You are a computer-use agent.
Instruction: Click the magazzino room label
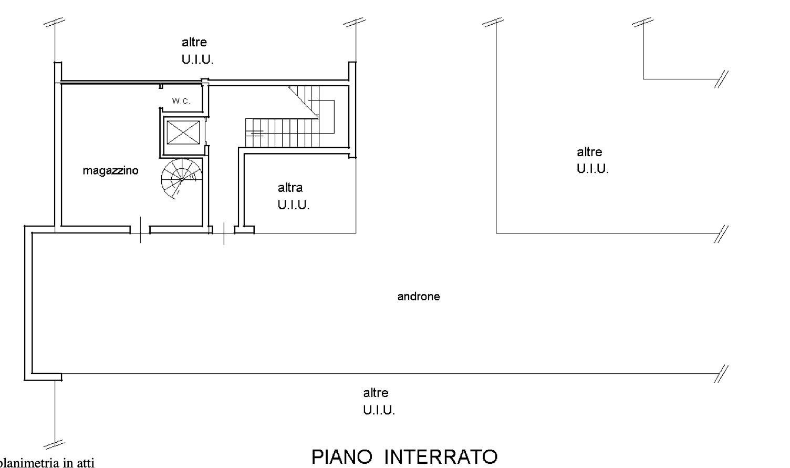(x=110, y=171)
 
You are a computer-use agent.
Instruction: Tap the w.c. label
(x=181, y=101)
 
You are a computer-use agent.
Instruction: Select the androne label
(x=419, y=297)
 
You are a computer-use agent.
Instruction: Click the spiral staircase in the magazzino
(x=182, y=179)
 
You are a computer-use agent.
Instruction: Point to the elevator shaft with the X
(x=183, y=133)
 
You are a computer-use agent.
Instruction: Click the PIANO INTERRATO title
(x=404, y=457)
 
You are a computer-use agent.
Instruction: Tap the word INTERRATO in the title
(x=441, y=457)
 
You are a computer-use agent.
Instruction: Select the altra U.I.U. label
(x=294, y=196)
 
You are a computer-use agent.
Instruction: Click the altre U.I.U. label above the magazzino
(x=197, y=51)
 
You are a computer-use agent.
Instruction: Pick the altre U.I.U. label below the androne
(x=379, y=402)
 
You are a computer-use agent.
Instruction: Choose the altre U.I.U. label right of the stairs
(x=592, y=160)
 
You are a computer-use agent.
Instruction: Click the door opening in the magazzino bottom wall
(x=140, y=230)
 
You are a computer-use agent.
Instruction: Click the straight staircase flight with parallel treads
(x=282, y=133)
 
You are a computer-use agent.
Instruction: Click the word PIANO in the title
(x=342, y=457)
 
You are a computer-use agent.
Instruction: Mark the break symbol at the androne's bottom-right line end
(x=721, y=374)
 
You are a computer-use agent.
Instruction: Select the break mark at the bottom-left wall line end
(x=55, y=444)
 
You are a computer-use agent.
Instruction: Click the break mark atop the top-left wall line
(x=54, y=22)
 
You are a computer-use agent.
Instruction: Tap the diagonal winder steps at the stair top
(x=304, y=100)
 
